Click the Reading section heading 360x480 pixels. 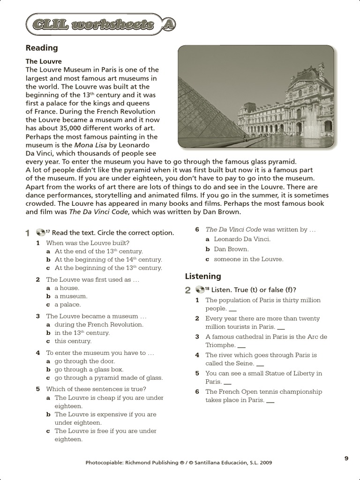point(42,48)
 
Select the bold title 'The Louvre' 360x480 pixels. point(44,61)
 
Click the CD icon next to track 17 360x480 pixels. point(40,232)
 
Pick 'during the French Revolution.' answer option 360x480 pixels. point(99,324)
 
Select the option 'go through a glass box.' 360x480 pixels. point(89,369)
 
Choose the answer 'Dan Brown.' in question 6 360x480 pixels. point(231,249)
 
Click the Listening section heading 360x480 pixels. point(203,276)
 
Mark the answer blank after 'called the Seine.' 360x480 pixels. point(261,364)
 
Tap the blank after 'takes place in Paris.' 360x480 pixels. point(270,401)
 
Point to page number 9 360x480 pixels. point(346,458)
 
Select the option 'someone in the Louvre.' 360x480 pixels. point(248,259)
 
